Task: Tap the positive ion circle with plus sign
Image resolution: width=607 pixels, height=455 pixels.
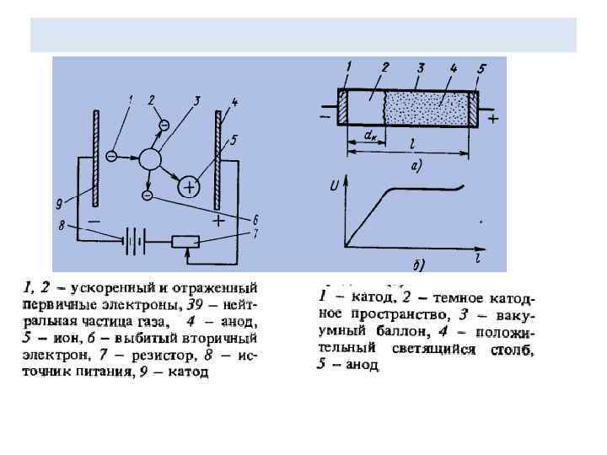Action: click(x=189, y=186)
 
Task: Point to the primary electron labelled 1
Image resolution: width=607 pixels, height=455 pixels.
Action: click(x=111, y=157)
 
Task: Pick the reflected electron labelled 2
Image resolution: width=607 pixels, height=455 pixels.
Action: click(x=163, y=125)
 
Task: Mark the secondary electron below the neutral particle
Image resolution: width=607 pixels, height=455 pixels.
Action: click(x=148, y=195)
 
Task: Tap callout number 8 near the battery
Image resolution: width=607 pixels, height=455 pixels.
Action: click(x=62, y=225)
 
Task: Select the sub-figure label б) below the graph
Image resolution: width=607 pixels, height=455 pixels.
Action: click(x=417, y=266)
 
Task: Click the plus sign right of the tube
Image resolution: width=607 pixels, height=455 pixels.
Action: click(x=493, y=120)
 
